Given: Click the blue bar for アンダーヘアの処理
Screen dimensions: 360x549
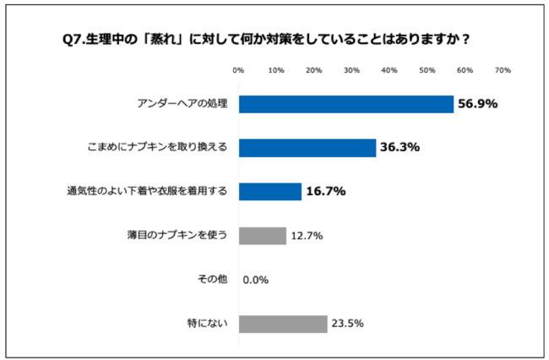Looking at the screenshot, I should coord(346,104).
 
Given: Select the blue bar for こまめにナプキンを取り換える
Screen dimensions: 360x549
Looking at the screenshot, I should coord(307,148).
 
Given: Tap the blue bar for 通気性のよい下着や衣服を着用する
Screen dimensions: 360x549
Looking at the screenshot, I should coord(270,192).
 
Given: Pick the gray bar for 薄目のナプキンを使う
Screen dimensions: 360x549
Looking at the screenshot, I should coord(263,236).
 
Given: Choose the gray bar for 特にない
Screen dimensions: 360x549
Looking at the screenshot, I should coord(283,324).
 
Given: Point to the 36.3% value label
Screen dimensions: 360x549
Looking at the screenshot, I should coord(400,148).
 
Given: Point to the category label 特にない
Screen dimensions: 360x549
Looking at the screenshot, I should coord(208,324).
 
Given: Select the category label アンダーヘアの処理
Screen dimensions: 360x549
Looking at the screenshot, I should coord(182,104).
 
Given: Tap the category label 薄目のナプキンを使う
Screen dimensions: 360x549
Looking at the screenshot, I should coord(177,236).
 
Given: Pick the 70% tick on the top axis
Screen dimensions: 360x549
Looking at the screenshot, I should coord(503,70).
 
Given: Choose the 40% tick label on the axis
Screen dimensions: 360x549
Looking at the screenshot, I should coord(389,70).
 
